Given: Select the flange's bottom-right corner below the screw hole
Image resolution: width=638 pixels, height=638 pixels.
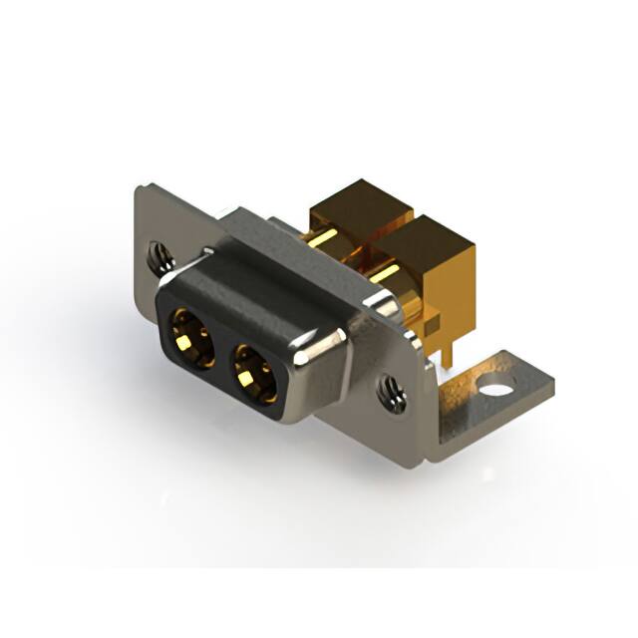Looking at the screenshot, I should coord(424,454).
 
